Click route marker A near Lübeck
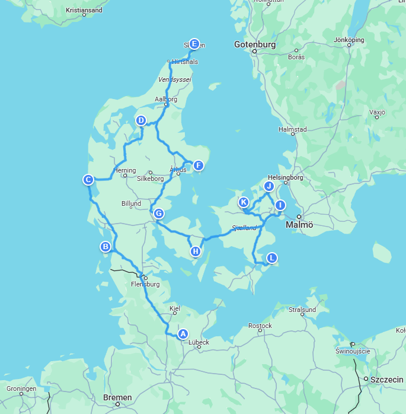(x=183, y=334)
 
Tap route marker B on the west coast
(x=106, y=247)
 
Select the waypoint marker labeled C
(x=88, y=180)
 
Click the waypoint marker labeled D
(x=141, y=120)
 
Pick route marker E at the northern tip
(x=194, y=43)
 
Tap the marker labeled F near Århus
(x=198, y=165)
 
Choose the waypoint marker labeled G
(x=158, y=214)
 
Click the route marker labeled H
(x=196, y=251)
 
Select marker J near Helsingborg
(x=268, y=186)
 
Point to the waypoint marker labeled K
(x=244, y=202)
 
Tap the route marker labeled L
(x=271, y=258)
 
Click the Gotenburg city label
(x=255, y=44)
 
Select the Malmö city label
(x=300, y=225)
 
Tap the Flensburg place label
(x=145, y=284)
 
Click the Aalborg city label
(x=165, y=100)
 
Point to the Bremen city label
(x=117, y=397)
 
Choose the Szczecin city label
(x=384, y=379)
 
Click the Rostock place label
(x=260, y=326)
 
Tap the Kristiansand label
(x=84, y=10)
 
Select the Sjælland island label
(x=244, y=228)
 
